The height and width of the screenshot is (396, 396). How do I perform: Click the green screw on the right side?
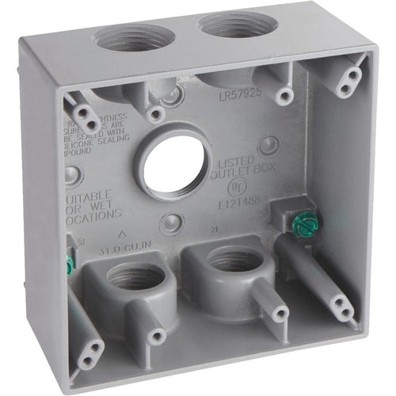click(x=302, y=224)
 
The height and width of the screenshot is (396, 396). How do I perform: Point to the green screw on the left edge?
click(x=70, y=265)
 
